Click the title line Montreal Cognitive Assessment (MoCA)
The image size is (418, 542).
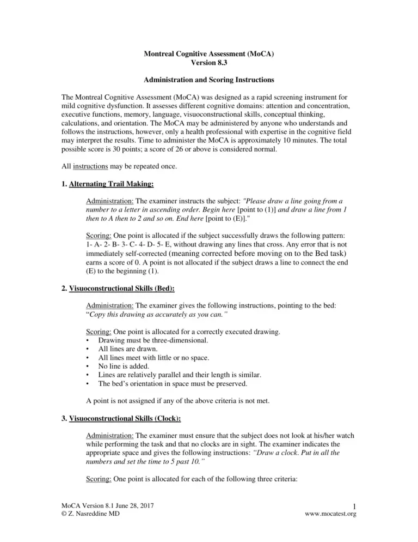[208, 55]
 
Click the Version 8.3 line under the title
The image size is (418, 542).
[208, 64]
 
